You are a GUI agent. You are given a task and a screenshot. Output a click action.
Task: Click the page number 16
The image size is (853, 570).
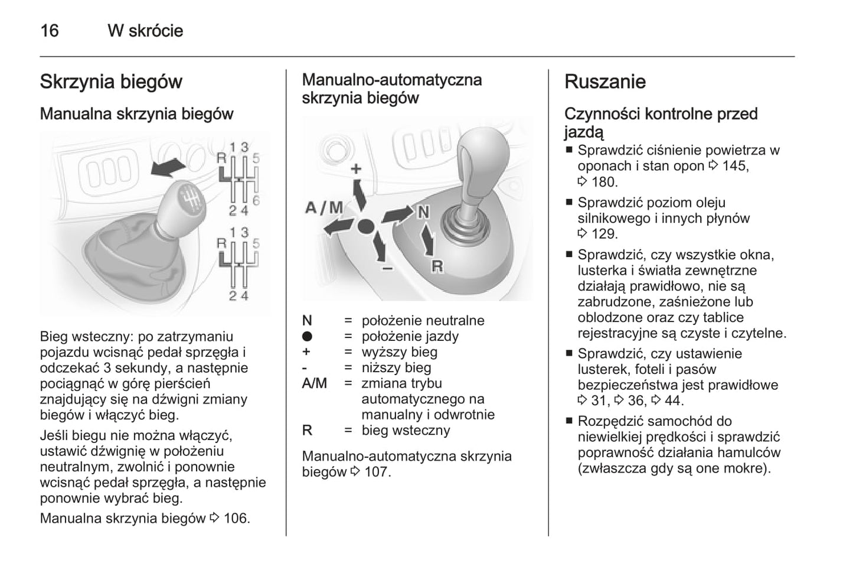pos(50,31)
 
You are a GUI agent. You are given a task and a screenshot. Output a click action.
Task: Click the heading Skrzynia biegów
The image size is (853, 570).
pos(111,82)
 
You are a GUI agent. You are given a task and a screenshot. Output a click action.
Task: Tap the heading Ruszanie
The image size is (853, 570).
pos(604,82)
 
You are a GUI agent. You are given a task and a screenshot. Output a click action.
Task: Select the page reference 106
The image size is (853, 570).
pos(236,519)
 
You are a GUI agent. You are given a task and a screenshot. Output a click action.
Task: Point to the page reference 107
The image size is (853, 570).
pos(377,472)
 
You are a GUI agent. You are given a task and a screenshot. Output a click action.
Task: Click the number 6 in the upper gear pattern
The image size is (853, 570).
pos(256,200)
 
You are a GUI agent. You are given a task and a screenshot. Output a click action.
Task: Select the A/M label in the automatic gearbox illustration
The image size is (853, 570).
pos(324,207)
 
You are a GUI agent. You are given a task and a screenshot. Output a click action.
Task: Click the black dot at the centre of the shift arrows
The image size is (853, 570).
pos(365,226)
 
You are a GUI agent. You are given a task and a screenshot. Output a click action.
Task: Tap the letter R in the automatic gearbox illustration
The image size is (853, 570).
pos(437,266)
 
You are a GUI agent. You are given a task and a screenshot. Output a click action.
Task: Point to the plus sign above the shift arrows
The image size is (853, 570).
pos(356,169)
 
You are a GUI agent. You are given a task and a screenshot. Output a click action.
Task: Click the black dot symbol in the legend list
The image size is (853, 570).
pos(307,337)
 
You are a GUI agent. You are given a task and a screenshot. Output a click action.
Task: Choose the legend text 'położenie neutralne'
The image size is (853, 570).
pos(423,321)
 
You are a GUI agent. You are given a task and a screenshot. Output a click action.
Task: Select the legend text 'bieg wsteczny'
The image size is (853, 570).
pos(406,430)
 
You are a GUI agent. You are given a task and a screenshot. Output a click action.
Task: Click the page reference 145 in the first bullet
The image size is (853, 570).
pos(734,166)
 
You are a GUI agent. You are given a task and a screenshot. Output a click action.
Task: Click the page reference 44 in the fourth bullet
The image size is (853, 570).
pos(673,400)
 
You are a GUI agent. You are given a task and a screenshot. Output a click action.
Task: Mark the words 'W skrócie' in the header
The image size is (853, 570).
pos(145,31)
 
